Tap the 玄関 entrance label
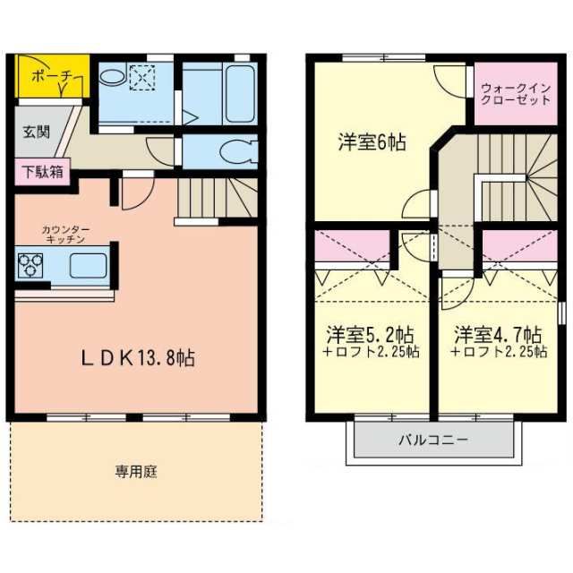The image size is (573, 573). point(37,132)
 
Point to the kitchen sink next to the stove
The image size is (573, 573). point(87,266)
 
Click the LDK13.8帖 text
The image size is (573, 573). point(139,358)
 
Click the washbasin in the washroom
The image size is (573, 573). point(113,78)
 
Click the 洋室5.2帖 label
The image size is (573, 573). point(369,335)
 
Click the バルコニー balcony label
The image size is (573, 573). point(434,440)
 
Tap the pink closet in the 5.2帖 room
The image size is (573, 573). point(351,246)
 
